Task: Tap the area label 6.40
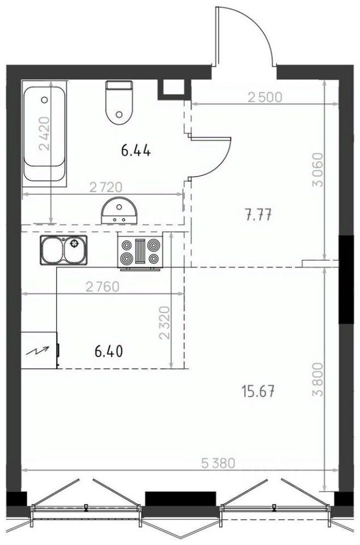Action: [109, 351]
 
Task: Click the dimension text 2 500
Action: [265, 97]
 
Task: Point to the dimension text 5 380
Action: [219, 463]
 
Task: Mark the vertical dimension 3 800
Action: [318, 380]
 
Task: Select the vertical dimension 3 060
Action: [318, 170]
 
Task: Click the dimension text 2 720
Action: [106, 187]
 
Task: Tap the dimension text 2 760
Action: [103, 287]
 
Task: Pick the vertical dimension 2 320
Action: [164, 322]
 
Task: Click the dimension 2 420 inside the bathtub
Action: [45, 133]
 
